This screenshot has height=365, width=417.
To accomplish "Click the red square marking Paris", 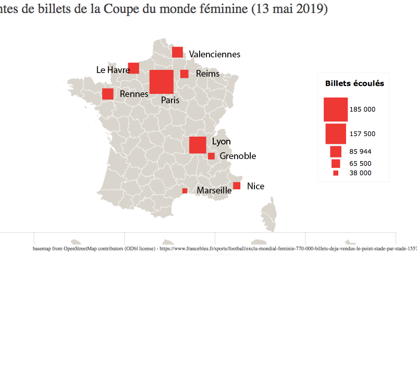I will pos(162,82).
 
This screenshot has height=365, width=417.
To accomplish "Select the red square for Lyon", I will pos(198,145).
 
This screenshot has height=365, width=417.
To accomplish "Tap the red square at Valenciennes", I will pos(177,52).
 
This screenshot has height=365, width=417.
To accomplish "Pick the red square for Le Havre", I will pos(133,68).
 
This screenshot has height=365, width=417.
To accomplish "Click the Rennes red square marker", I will pos(108,94).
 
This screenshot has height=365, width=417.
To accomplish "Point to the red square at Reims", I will pos(184,74).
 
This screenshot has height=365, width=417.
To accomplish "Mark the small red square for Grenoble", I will pos(211,156).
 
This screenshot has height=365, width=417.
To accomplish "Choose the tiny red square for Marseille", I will pos(185,191).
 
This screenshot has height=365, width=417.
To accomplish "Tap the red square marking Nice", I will pos(237,186).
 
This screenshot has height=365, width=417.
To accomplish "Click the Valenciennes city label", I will pos(215,54).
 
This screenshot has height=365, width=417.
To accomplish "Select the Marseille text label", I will pos(214,191).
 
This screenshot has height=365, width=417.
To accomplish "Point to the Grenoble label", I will pos(238,156).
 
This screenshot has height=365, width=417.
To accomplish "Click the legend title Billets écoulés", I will pos(354,83).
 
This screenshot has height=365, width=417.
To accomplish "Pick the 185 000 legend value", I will pos(362,110).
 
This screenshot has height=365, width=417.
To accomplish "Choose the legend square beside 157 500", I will pos(336,133).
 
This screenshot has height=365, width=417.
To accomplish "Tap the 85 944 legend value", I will pos(360,152).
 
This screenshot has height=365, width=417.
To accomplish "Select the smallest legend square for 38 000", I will pos(336,173).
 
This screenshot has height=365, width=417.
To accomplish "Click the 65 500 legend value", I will pos(360,164).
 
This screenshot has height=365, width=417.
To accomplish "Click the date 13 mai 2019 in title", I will pos(289,9).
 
